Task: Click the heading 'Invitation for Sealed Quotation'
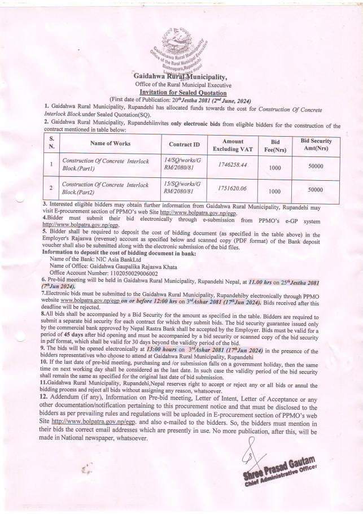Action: pos(180,92)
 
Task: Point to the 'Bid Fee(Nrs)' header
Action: pos(274,144)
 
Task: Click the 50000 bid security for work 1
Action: pos(316,167)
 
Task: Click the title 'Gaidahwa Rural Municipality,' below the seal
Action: pos(180,76)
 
